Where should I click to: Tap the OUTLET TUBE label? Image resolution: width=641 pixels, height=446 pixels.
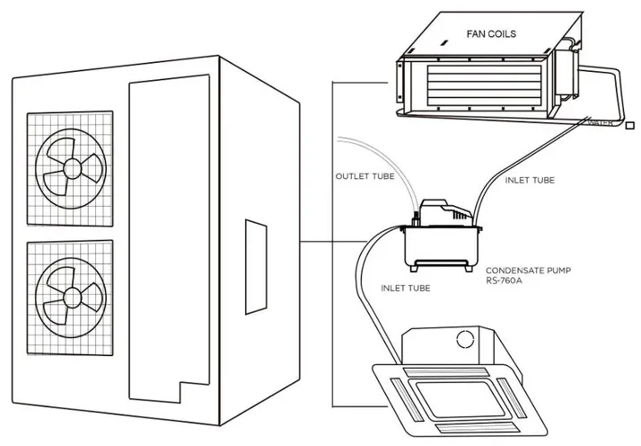(x=362, y=176)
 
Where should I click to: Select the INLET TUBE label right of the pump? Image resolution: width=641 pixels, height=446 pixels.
(x=530, y=180)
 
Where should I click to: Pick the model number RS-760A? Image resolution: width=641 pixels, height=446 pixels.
(x=505, y=280)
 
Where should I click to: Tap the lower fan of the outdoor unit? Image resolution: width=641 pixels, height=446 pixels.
(x=68, y=293)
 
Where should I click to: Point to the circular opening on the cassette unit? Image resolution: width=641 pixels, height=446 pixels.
(x=466, y=339)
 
